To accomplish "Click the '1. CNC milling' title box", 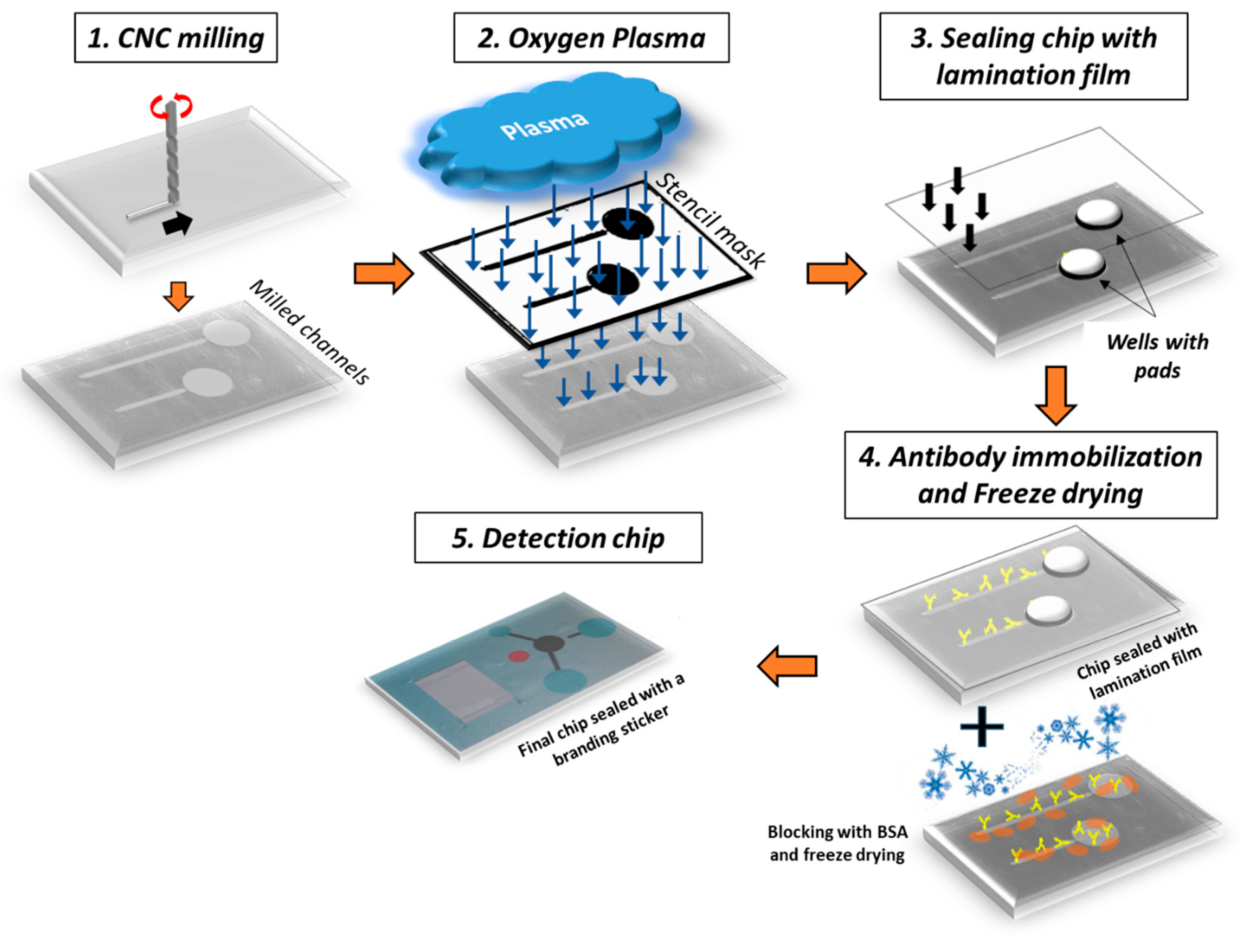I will pyautogui.click(x=175, y=38).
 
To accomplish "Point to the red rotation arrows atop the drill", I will pyautogui.click(x=171, y=105).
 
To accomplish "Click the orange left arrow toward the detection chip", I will pyautogui.click(x=787, y=666).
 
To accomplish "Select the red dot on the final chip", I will pyautogui.click(x=518, y=655).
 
